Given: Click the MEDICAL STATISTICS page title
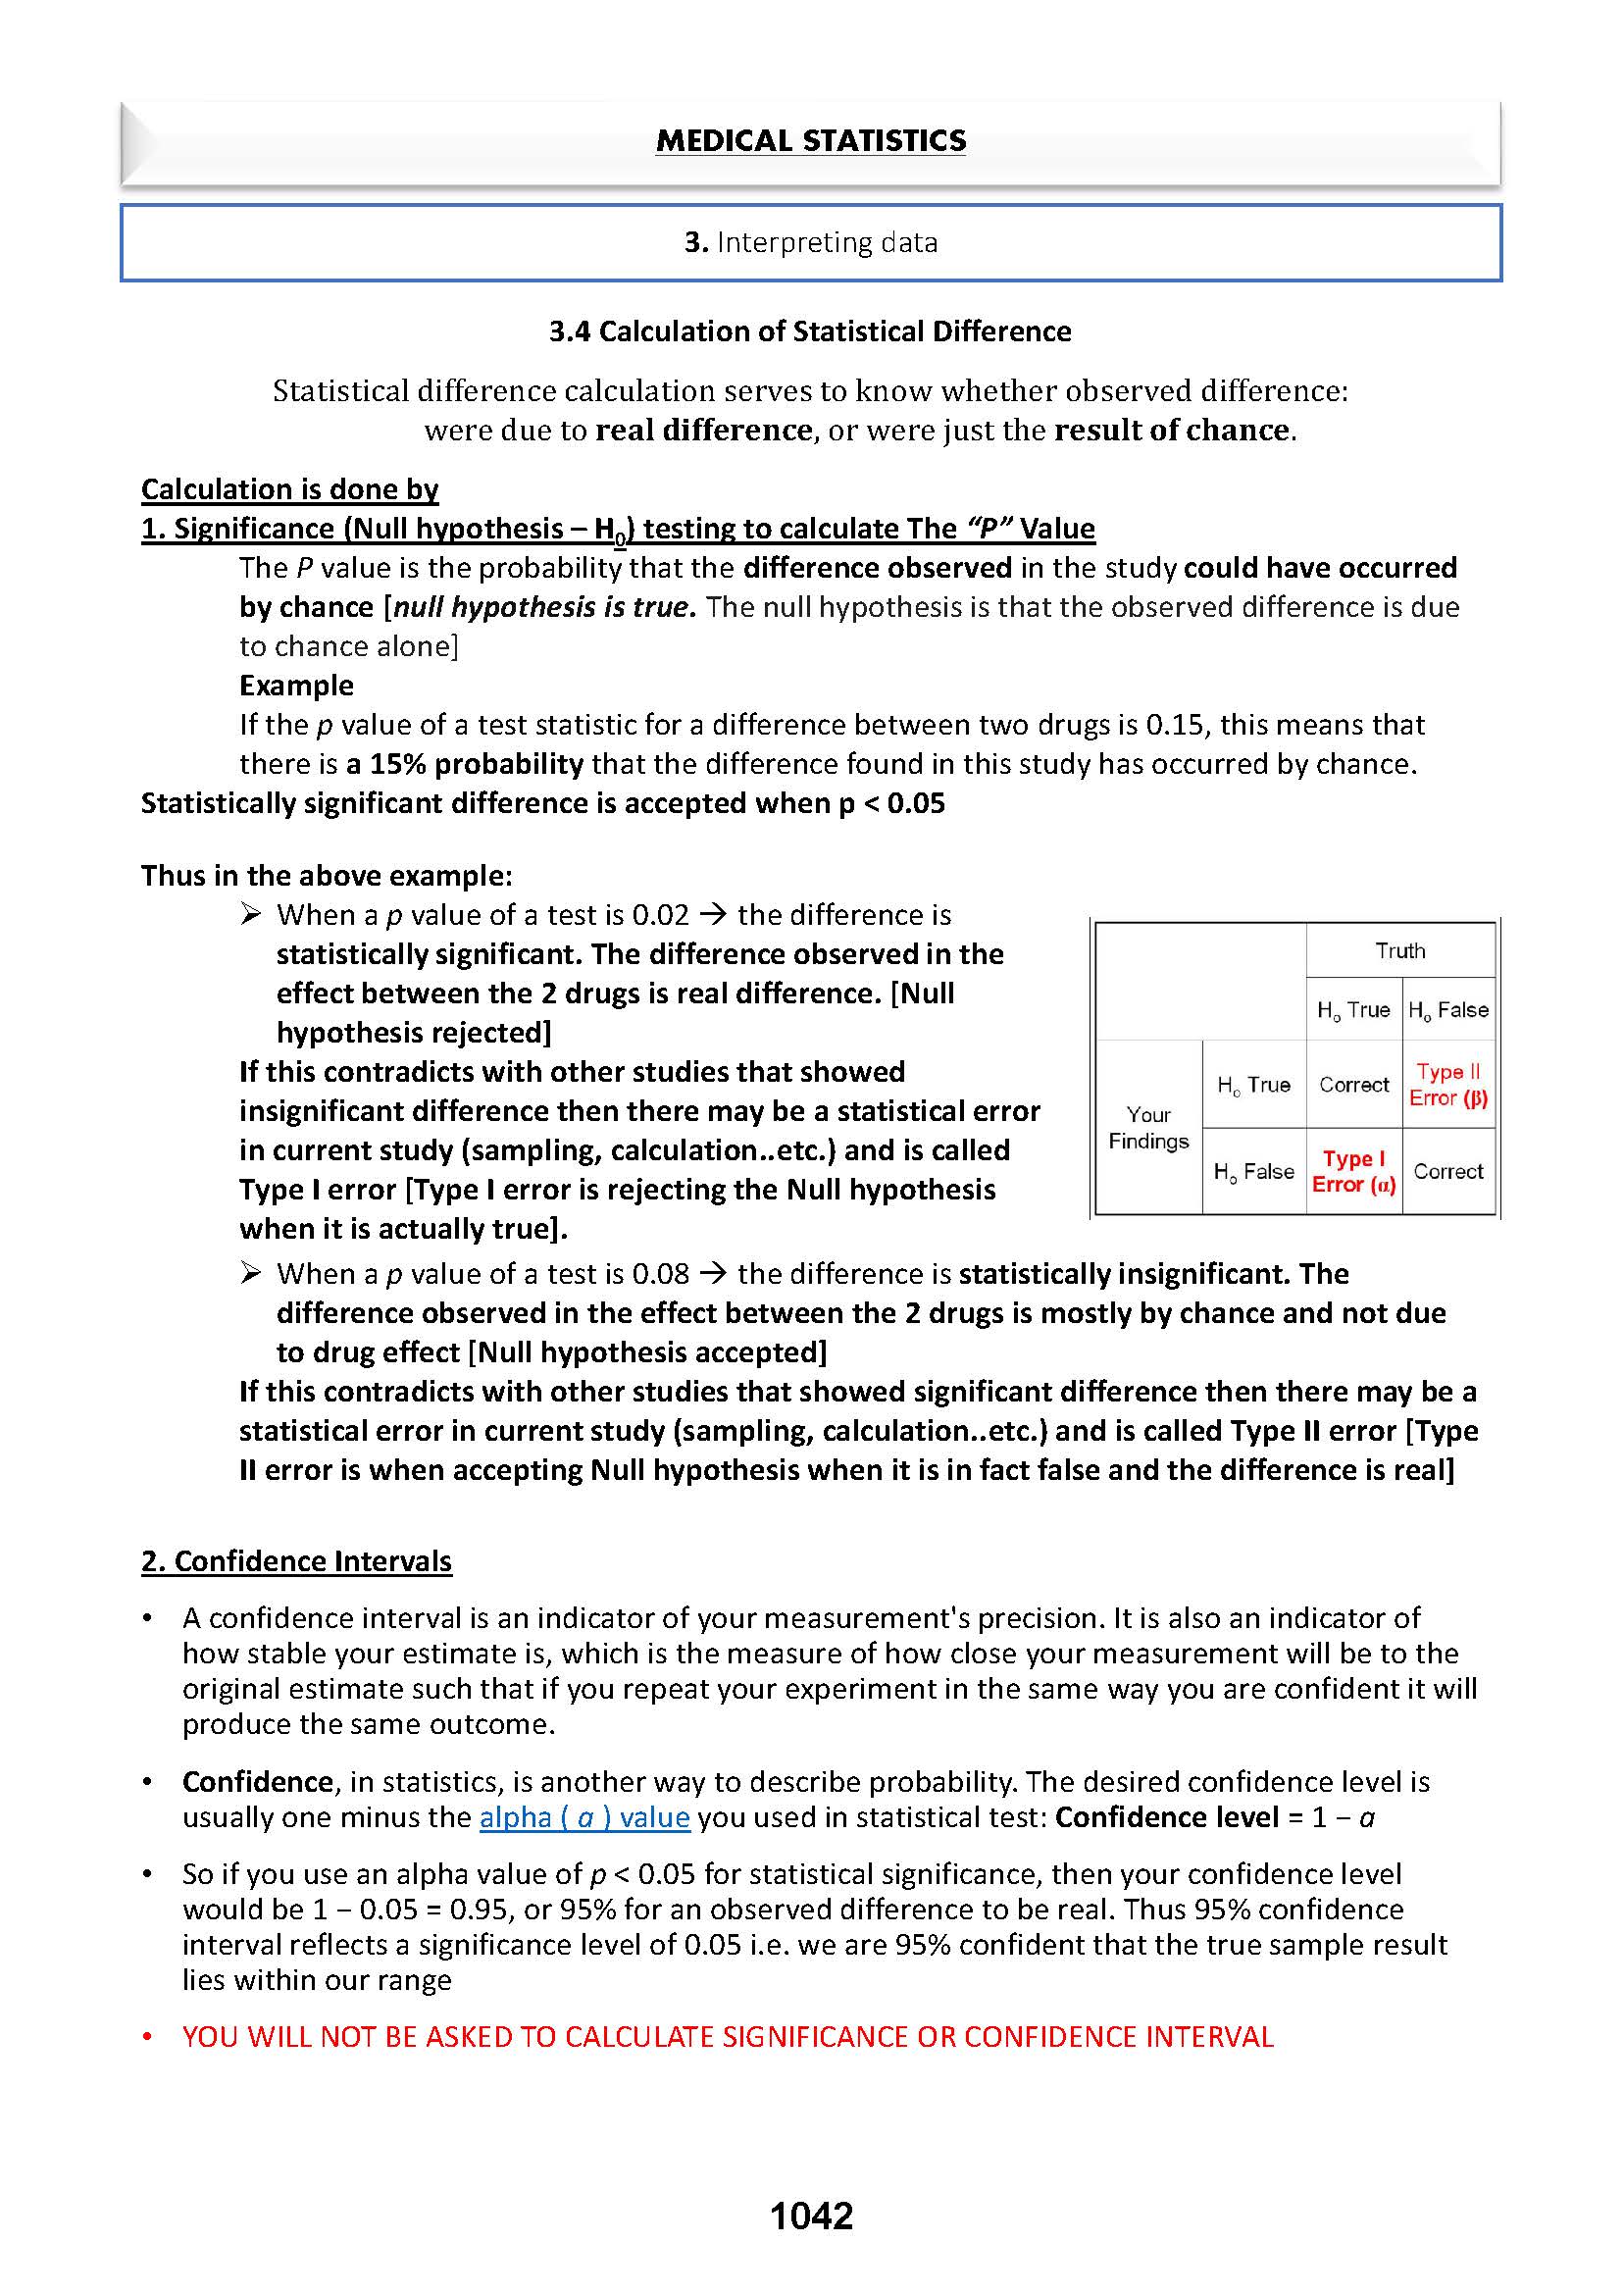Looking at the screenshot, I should pyautogui.click(x=810, y=141).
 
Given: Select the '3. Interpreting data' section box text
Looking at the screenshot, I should pyautogui.click(x=810, y=242).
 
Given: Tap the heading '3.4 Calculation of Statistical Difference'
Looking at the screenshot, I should pyautogui.click(x=809, y=331).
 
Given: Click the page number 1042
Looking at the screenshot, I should pyautogui.click(x=810, y=2217).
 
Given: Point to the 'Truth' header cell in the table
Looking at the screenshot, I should pyautogui.click(x=1399, y=950).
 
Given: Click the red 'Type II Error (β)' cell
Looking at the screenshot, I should pyautogui.click(x=1448, y=1085).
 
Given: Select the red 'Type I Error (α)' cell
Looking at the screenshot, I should pyautogui.click(x=1353, y=1171).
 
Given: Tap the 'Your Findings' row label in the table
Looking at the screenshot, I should pyautogui.click(x=1148, y=1128).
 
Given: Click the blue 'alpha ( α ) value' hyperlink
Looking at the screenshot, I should pyautogui.click(x=584, y=1816).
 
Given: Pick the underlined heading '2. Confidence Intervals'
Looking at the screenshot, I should pyautogui.click(x=296, y=1560).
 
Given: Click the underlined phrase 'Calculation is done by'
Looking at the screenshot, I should pyautogui.click(x=290, y=488).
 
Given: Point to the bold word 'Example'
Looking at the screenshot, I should pyautogui.click(x=296, y=685).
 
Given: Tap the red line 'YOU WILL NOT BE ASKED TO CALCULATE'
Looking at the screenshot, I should pyautogui.click(x=728, y=2036).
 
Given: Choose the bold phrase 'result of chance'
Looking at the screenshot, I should pyautogui.click(x=1171, y=430).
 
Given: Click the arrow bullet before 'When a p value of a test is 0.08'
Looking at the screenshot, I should pyautogui.click(x=251, y=1272).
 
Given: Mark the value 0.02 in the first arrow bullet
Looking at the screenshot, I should pyautogui.click(x=661, y=915).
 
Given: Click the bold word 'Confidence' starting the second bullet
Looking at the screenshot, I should pyautogui.click(x=258, y=1781).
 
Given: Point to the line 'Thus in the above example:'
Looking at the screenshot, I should pyautogui.click(x=326, y=876).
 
